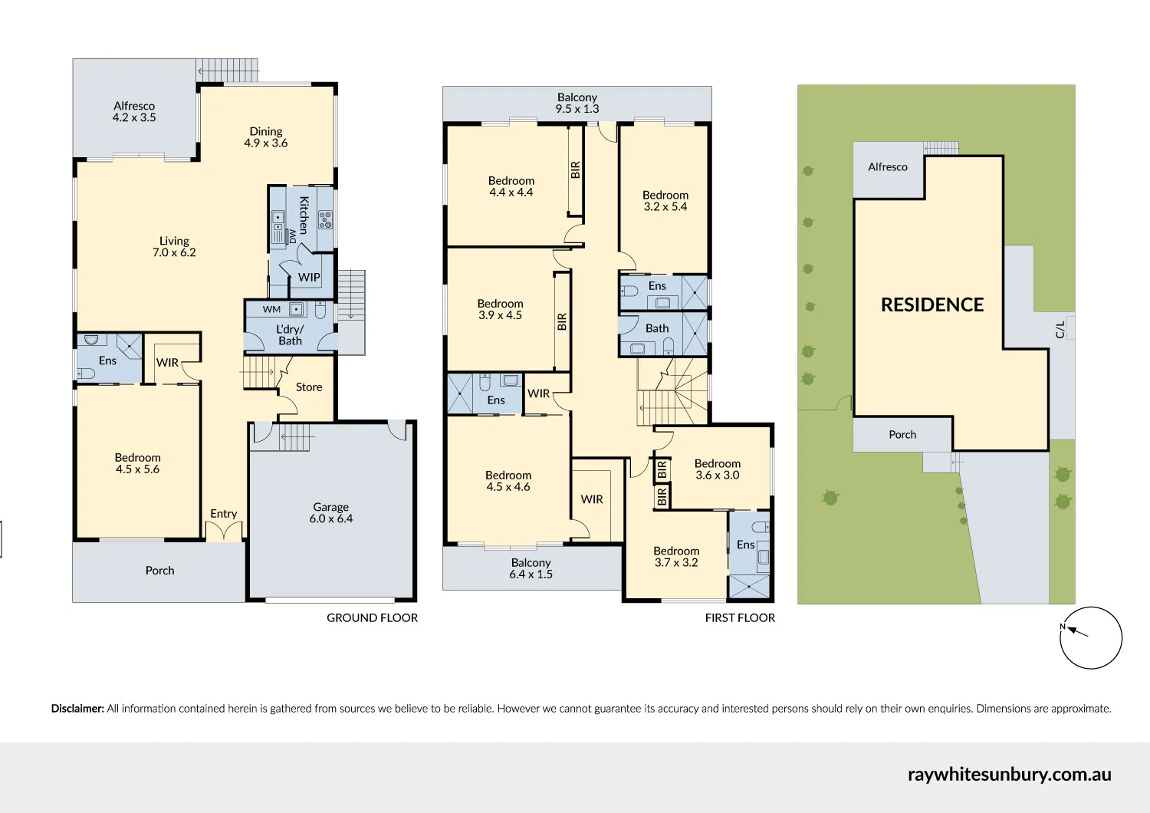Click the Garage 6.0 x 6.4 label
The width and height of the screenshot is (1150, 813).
(x=330, y=512)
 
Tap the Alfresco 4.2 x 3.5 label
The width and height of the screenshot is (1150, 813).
(x=134, y=111)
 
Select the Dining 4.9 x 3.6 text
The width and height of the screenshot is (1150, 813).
(x=265, y=137)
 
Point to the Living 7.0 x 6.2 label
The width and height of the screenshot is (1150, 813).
(x=174, y=246)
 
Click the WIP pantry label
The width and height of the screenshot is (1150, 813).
(x=309, y=278)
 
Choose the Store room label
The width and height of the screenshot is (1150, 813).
(x=309, y=387)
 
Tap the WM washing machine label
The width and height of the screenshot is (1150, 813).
(x=271, y=309)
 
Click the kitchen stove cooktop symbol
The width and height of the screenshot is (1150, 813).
(x=326, y=219)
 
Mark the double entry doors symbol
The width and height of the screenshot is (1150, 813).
(x=224, y=532)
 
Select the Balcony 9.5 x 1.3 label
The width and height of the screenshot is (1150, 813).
(x=577, y=103)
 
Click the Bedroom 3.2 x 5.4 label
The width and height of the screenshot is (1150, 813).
(x=665, y=201)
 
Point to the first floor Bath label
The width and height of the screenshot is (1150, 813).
(x=657, y=328)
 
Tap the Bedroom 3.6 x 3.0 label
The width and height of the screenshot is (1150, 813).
(x=717, y=469)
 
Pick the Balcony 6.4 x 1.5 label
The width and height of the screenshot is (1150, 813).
(x=531, y=568)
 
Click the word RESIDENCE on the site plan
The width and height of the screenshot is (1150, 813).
(x=932, y=304)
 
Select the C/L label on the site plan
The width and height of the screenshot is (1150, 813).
(x=1060, y=330)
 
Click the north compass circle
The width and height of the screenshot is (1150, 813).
(x=1091, y=638)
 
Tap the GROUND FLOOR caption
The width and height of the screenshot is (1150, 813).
(x=372, y=618)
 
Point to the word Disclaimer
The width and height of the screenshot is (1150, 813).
(x=77, y=709)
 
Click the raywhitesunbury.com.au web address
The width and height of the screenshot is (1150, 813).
(x=1010, y=775)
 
